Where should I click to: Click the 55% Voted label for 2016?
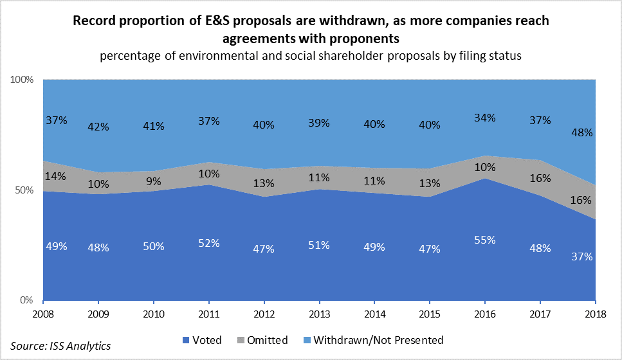click(485, 240)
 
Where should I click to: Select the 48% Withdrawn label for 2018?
click(583, 133)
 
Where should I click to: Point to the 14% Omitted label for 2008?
click(55, 176)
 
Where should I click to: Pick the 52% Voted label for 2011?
click(208, 243)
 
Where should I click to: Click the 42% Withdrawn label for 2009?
click(98, 127)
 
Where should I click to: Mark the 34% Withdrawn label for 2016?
click(485, 118)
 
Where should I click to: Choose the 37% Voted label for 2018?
click(583, 256)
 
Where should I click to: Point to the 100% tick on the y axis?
click(24, 80)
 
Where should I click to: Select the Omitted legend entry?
click(265, 339)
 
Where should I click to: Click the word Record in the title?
click(93, 21)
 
